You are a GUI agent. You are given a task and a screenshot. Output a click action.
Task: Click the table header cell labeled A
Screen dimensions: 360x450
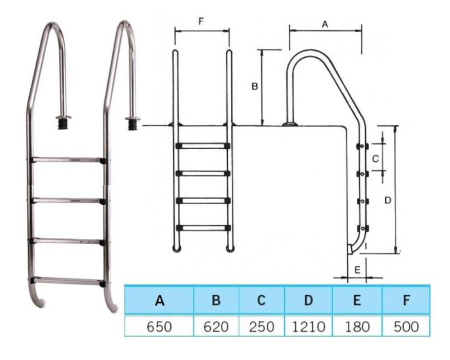pos(159,300)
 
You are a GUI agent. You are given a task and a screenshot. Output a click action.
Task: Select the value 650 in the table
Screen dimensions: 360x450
pos(159,326)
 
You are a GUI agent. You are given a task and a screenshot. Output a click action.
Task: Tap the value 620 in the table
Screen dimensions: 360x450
pos(216,326)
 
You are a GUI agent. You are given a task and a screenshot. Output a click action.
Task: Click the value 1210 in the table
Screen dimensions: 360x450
pos(308,326)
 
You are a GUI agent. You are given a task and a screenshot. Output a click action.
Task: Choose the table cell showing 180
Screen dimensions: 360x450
pos(357,326)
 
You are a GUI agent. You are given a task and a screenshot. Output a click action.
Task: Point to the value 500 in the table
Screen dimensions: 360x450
pos(406,326)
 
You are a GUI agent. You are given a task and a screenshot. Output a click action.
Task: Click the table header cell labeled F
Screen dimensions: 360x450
pos(406,300)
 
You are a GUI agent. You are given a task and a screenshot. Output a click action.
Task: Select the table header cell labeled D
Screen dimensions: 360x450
pos(308,300)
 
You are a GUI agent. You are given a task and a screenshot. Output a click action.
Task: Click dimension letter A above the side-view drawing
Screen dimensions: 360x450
pos(325,25)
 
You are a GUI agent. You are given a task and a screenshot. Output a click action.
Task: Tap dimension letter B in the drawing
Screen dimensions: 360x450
pos(255,86)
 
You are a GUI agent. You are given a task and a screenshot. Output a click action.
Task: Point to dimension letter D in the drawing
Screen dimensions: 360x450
pos(388,200)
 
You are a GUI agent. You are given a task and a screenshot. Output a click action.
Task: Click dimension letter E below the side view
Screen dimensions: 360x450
pos(357,270)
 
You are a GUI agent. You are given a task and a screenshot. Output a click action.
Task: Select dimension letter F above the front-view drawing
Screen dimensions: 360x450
pos(201,21)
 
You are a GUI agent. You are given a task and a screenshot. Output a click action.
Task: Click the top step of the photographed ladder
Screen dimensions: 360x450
pos(68,160)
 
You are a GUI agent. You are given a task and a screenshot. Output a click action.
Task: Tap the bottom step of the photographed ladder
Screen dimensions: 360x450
pos(68,281)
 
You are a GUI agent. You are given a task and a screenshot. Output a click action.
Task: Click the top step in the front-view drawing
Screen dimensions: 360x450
pos(202,146)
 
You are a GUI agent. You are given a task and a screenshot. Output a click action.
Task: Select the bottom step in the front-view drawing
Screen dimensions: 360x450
pos(202,227)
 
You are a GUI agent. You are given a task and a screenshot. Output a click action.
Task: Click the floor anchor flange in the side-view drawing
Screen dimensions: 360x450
pos(289,123)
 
